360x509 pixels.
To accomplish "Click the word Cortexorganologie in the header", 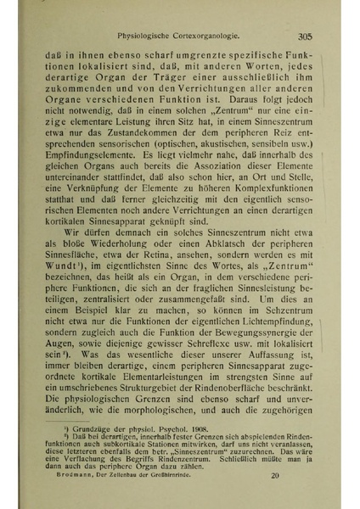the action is point(207,36).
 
